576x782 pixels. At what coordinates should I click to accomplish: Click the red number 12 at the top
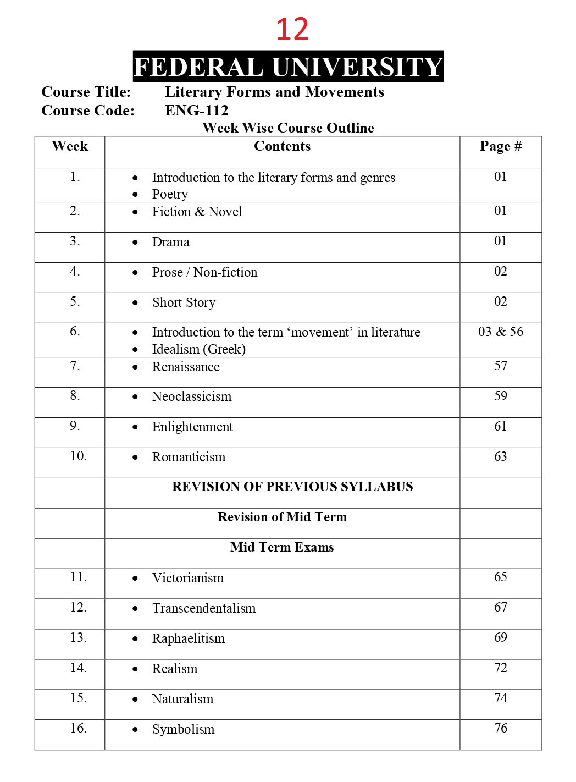click(292, 30)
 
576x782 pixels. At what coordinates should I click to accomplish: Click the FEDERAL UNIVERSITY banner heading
click(288, 67)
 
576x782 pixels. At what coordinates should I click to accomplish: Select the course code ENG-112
click(196, 111)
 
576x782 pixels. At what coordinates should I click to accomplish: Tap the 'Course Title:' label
click(86, 92)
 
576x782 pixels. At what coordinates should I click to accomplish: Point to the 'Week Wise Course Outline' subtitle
click(288, 128)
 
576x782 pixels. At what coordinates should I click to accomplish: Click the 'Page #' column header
click(500, 146)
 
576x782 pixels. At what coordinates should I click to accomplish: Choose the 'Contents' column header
click(282, 146)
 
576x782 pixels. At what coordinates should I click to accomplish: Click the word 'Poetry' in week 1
click(170, 194)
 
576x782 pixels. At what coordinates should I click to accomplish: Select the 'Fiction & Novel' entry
click(197, 212)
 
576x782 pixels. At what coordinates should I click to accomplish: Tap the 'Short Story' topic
click(184, 302)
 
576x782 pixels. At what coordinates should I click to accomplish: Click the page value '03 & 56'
click(500, 332)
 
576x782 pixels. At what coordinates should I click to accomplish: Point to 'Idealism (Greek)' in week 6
click(198, 349)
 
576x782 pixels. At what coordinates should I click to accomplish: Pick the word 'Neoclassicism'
click(191, 396)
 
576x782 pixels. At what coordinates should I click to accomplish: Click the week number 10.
click(78, 456)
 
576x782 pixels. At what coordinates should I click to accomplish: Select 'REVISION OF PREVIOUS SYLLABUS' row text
click(292, 487)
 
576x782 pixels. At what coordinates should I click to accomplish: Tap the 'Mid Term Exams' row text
click(282, 547)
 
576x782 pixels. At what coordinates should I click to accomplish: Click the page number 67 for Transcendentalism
click(500, 607)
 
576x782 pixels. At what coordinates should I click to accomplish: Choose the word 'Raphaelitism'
click(189, 638)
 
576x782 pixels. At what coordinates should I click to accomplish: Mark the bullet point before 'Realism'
click(135, 669)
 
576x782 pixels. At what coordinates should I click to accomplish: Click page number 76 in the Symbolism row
click(500, 728)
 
